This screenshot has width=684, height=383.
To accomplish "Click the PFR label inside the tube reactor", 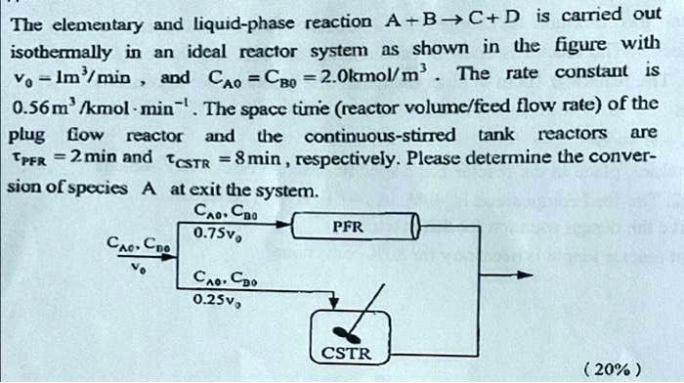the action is click(348, 227).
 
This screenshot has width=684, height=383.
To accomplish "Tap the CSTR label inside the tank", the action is click(346, 353).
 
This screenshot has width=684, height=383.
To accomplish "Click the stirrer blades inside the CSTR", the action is click(346, 335).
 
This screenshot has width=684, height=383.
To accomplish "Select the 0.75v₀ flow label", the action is click(218, 234).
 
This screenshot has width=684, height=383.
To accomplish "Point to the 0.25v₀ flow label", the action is click(216, 300).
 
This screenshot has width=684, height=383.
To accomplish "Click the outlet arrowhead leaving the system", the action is click(525, 275).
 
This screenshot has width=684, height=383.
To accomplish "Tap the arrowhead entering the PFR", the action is click(283, 225).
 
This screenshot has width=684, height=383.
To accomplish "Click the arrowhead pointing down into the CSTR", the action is click(333, 302).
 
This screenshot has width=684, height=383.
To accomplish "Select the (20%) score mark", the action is click(613, 370).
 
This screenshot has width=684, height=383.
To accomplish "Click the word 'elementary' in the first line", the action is click(98, 25).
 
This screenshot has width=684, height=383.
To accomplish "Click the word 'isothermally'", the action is click(61, 53).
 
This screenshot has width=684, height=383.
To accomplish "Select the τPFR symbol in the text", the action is click(29, 159).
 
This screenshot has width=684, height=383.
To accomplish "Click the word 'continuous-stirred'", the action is click(380, 136).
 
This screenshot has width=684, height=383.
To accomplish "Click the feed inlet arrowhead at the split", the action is click(169, 256).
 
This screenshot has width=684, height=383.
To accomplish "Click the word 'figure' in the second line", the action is click(580, 45).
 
